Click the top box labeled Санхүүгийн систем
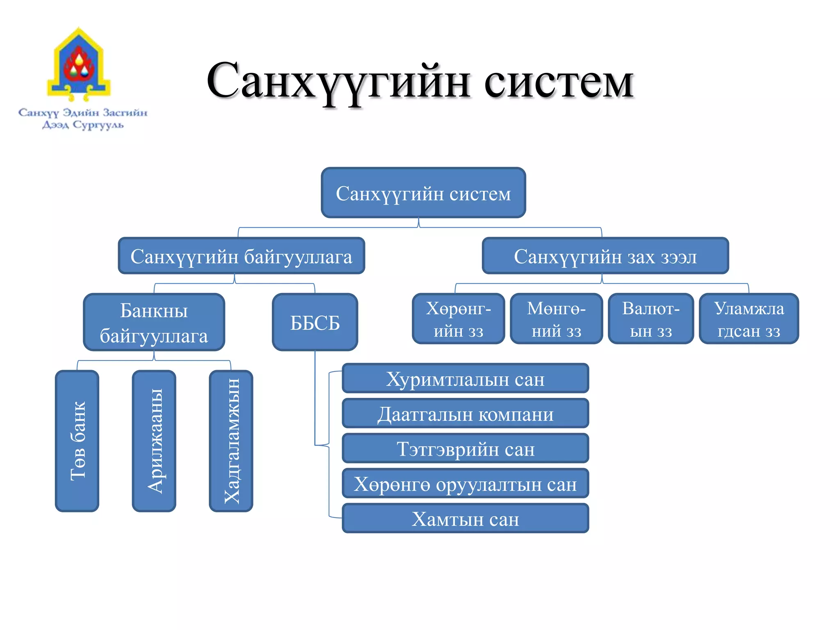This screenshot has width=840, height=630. [x=423, y=193]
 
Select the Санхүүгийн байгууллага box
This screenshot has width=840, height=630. [x=241, y=256]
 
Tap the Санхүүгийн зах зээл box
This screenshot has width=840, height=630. [x=605, y=256]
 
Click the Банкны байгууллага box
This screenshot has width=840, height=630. [x=154, y=322]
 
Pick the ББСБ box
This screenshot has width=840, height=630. [x=315, y=322]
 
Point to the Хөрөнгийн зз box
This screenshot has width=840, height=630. [x=458, y=319]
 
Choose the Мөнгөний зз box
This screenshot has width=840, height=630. [x=556, y=319]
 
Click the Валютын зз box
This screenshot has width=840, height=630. [x=651, y=319]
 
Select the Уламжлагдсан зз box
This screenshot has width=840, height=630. [x=749, y=319]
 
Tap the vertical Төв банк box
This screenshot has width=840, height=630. [x=77, y=441]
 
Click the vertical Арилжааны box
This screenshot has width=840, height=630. [x=154, y=441]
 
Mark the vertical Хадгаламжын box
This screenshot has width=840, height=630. [x=231, y=441]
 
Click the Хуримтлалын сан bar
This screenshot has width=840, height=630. [x=465, y=379]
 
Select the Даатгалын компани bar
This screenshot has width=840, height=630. [x=465, y=413]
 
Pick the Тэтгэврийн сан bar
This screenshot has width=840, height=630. [x=465, y=449]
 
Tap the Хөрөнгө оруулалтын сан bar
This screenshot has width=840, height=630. [x=465, y=484]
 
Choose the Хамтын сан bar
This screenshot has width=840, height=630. [x=465, y=518]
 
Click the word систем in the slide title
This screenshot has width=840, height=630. [x=559, y=82]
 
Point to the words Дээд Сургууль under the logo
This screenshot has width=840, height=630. [x=83, y=125]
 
